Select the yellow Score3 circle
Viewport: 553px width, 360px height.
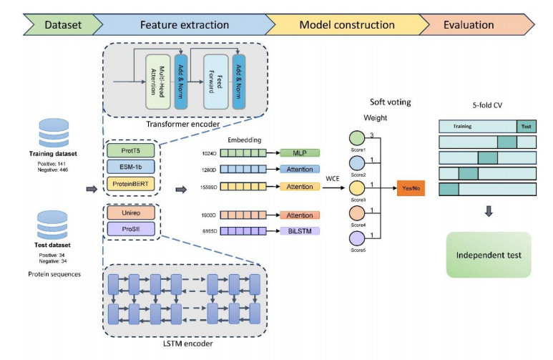pos(355,189)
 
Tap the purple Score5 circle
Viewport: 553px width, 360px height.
pos(355,238)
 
